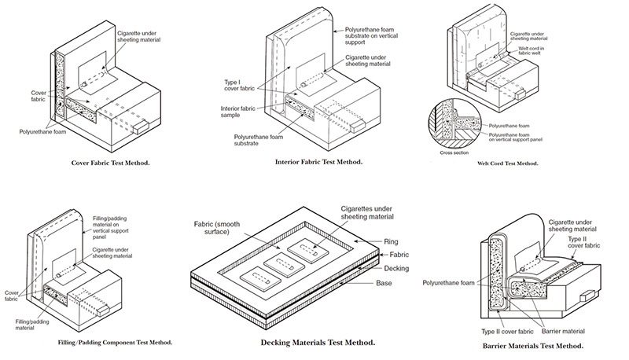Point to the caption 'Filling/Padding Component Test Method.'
[115, 343]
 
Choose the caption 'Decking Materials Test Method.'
[317, 343]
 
